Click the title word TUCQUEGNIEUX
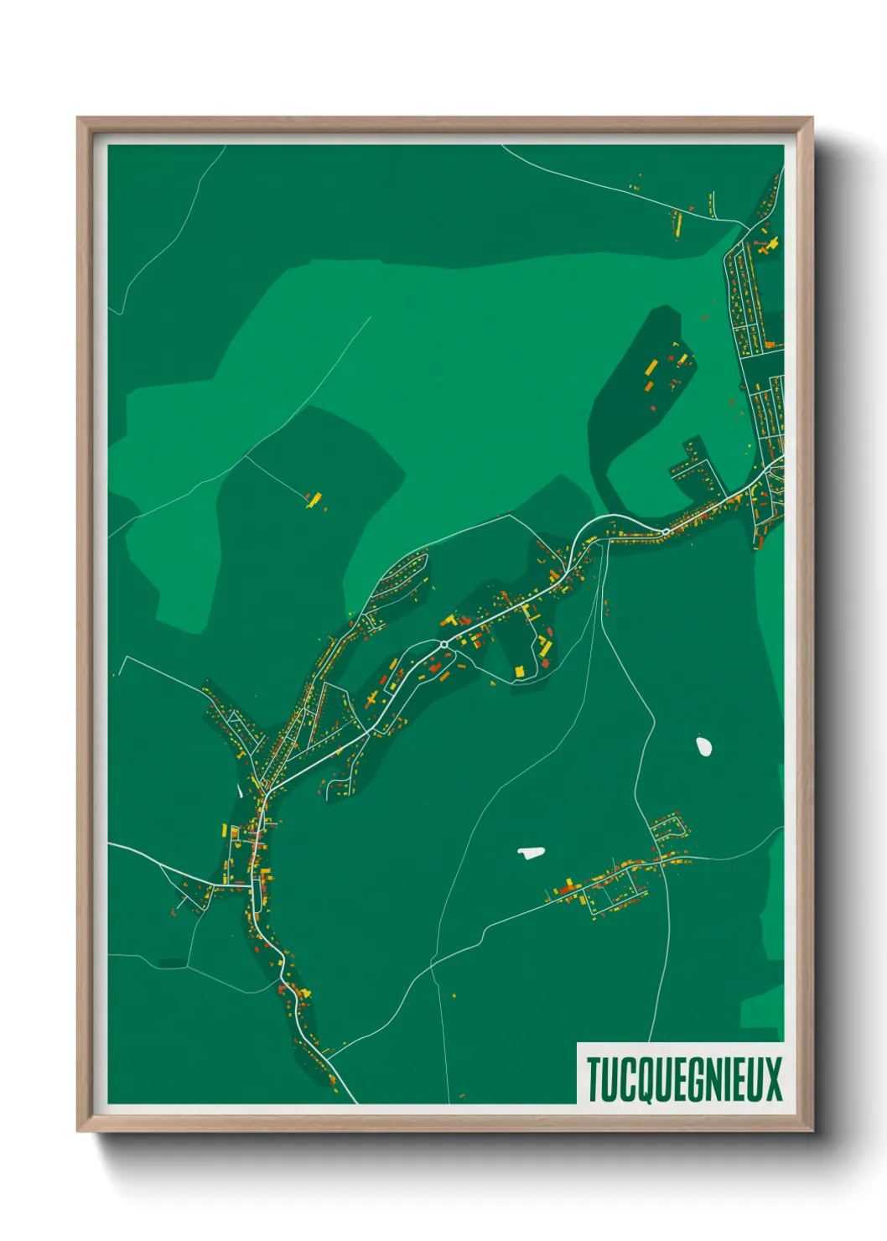click(684, 1079)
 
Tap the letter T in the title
click(593, 1079)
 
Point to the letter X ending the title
click(772, 1079)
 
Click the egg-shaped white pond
click(703, 745)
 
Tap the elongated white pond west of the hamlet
click(531, 853)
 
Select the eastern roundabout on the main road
click(665, 532)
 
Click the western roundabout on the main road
click(443, 645)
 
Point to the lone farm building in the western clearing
click(314, 500)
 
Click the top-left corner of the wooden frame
click(79, 119)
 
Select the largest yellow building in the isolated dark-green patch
click(651, 367)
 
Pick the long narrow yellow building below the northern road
click(678, 223)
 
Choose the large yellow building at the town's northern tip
click(771, 244)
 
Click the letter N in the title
click(719, 1079)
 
